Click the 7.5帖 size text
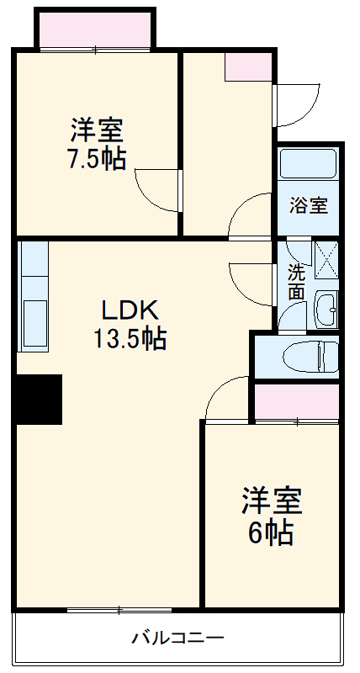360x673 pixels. tap(97, 160)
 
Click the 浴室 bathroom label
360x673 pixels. tap(309, 204)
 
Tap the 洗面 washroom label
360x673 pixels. tap(296, 282)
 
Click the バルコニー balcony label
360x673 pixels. tap(177, 638)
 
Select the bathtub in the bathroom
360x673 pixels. tap(309, 163)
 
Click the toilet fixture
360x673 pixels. tap(310, 357)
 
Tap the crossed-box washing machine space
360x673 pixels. tap(326, 258)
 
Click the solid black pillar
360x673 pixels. tap(39, 399)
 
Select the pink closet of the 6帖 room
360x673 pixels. tap(297, 401)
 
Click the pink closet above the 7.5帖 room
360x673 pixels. tap(94, 30)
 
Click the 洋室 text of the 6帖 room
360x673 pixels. tap(271, 501)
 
